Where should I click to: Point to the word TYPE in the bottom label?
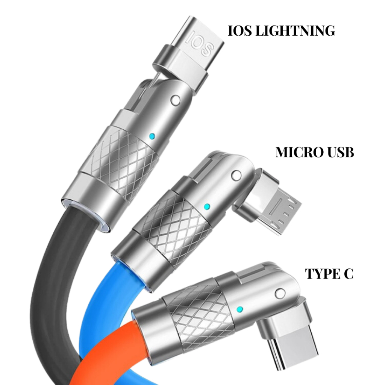[x=322, y=274]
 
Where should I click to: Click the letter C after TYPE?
[x=349, y=274]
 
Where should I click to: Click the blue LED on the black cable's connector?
[x=152, y=135]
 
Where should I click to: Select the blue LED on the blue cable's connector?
[x=206, y=206]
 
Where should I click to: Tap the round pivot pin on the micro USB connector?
[x=236, y=176]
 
